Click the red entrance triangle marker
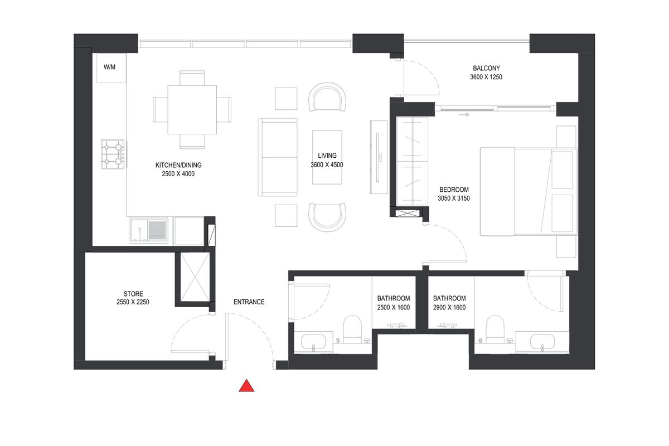[246, 386]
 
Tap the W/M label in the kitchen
[109, 67]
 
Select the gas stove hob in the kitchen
[113, 154]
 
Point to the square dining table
[192, 110]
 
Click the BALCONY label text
[486, 68]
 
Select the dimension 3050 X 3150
[454, 198]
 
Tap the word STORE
[133, 294]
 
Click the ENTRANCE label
[249, 302]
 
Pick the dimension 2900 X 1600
[449, 307]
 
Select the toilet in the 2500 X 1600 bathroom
[352, 329]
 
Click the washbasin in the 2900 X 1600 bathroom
[542, 342]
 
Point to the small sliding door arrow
[464, 115]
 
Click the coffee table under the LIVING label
[327, 157]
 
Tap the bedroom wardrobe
[412, 161]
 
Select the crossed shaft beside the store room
[195, 277]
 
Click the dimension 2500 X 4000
[178, 174]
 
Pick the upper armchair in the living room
[327, 97]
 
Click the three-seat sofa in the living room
[278, 157]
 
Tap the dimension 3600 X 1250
[486, 77]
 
